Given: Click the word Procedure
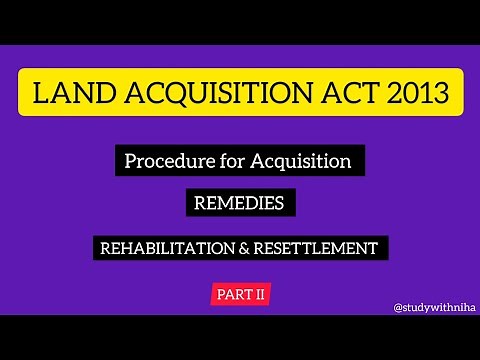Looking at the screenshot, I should point(163,160).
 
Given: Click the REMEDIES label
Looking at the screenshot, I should point(240,203).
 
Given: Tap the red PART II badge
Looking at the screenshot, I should point(240,294).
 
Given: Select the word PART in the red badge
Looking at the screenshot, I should point(232,294).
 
